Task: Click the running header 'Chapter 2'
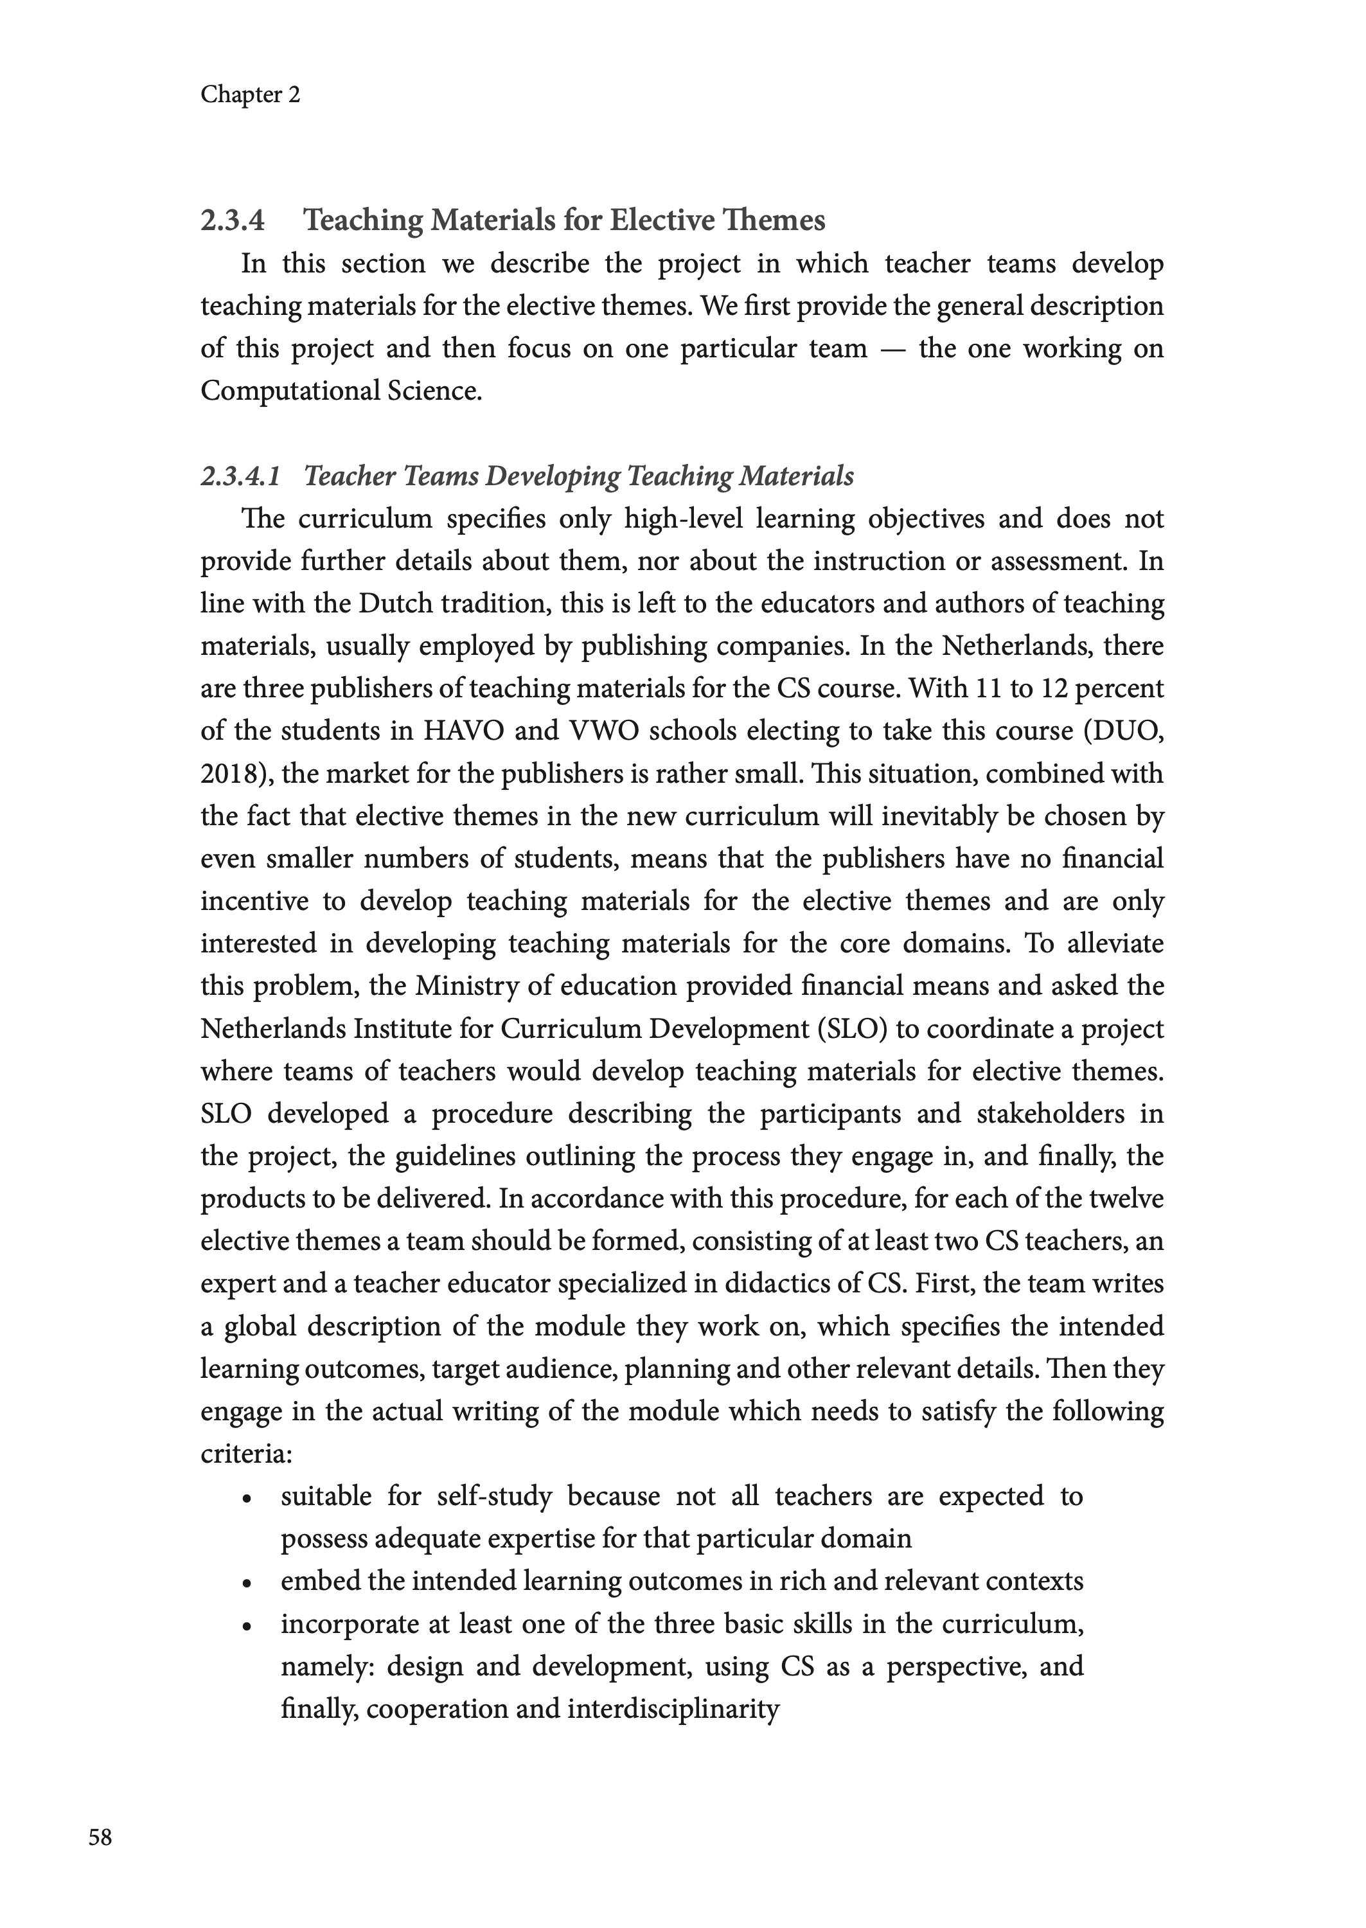(250, 94)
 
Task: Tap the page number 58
(100, 1837)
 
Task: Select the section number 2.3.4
(232, 220)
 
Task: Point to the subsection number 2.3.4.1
(240, 476)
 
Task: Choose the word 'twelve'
(1123, 1199)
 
